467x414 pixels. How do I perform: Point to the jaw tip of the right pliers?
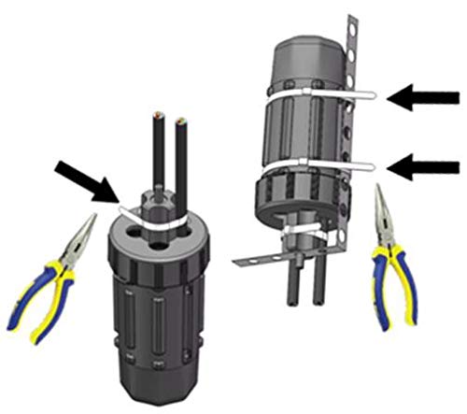(381, 192)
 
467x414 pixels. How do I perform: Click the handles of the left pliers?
(42, 299)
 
